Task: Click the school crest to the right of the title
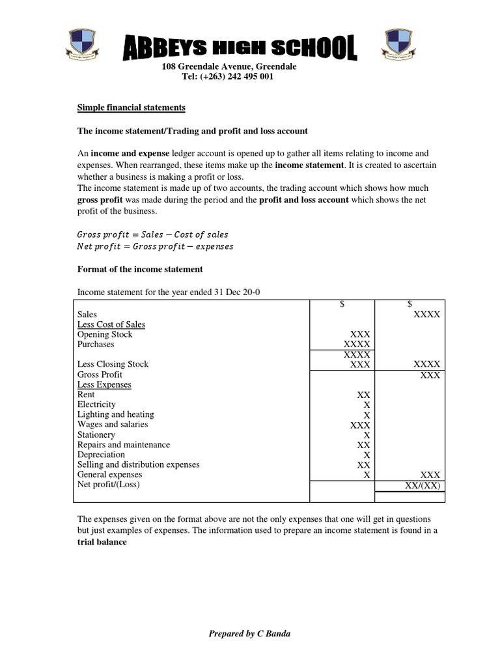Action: click(x=400, y=46)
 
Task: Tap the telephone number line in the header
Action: click(x=227, y=77)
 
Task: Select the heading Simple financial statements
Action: click(x=132, y=107)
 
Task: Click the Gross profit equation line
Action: click(x=153, y=234)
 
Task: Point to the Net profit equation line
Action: click(x=155, y=246)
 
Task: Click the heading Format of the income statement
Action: click(x=140, y=269)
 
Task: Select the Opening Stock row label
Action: click(x=105, y=334)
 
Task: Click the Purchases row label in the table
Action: click(x=96, y=344)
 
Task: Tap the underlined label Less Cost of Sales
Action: click(x=111, y=324)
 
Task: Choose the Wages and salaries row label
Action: click(x=113, y=425)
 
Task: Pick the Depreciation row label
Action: click(x=101, y=455)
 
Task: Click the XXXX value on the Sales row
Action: click(x=426, y=314)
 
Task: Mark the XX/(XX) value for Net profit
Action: click(x=423, y=485)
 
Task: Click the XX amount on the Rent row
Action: click(x=363, y=395)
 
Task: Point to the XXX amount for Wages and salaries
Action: click(x=360, y=425)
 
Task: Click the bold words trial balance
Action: click(x=102, y=542)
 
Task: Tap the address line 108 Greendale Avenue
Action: click(x=229, y=67)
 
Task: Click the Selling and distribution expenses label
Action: click(x=139, y=464)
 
